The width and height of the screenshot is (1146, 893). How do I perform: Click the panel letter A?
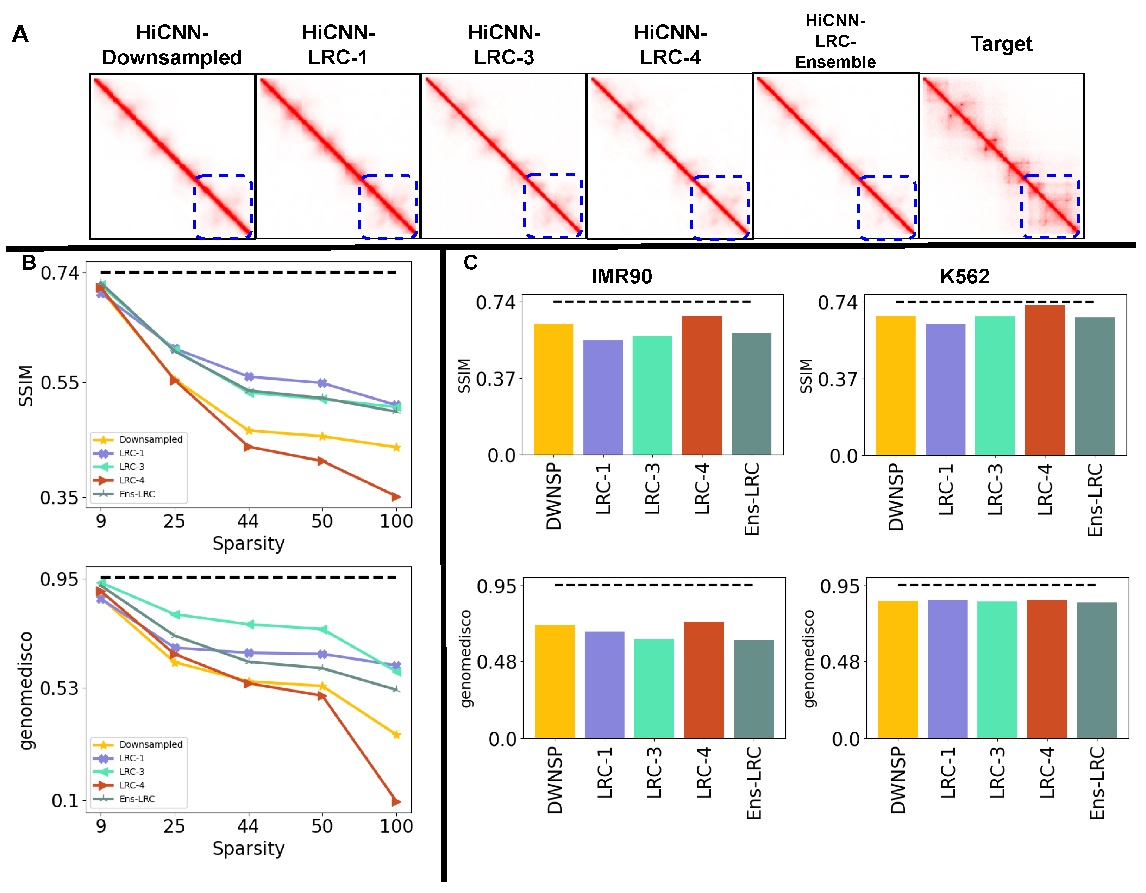tap(20, 35)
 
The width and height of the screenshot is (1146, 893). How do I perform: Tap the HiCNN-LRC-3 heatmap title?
tap(504, 45)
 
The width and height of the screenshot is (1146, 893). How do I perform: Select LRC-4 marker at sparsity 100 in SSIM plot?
tap(396, 497)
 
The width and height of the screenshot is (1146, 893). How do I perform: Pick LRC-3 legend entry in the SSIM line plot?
tap(131, 467)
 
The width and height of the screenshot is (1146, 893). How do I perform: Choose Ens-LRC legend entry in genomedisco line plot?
tap(137, 799)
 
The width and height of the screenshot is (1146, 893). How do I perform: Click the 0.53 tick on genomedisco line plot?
tap(59, 688)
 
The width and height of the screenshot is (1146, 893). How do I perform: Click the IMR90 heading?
tap(621, 276)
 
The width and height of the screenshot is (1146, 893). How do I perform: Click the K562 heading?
tap(964, 276)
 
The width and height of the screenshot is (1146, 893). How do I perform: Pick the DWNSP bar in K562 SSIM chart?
tap(895, 386)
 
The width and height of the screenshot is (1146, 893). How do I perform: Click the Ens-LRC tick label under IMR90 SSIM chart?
tap(752, 499)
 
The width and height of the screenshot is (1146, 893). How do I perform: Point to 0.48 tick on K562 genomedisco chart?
tap(840, 662)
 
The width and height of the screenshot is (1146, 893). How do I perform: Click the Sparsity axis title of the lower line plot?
tap(248, 848)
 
